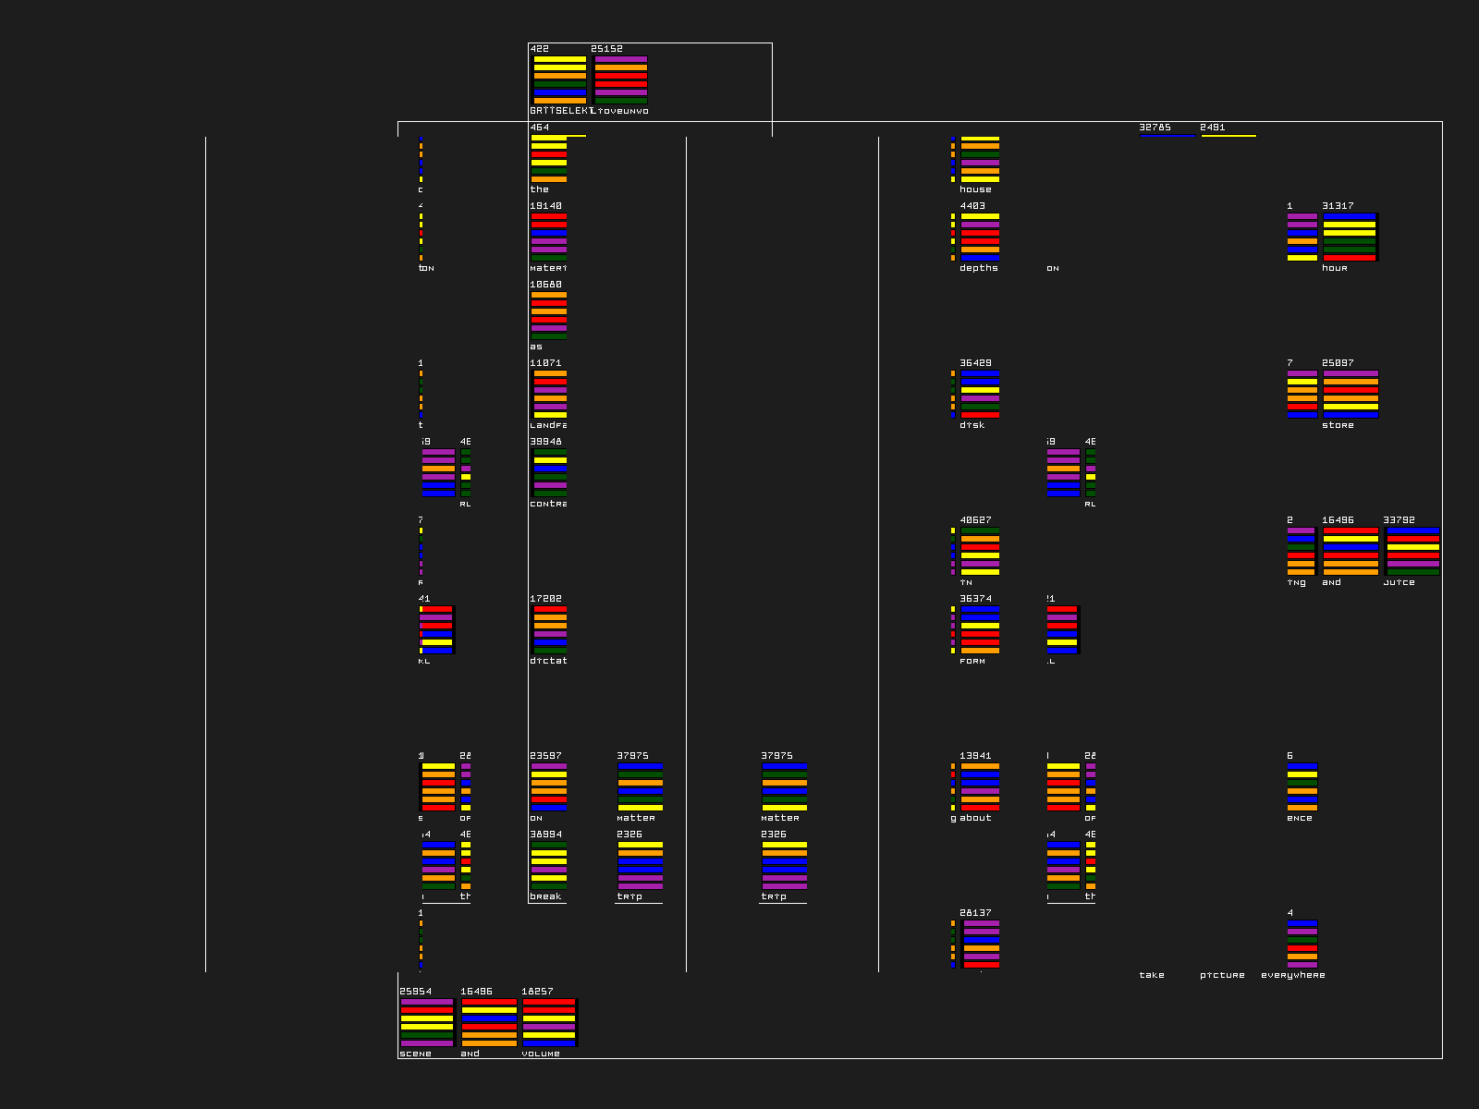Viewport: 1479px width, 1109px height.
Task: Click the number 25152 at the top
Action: (x=606, y=49)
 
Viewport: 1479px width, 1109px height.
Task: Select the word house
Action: (x=975, y=189)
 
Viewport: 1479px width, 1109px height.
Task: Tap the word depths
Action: (x=978, y=268)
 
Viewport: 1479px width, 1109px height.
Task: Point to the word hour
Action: (x=1334, y=268)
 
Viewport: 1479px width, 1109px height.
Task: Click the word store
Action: (x=1338, y=425)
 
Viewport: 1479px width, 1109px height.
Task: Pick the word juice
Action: (x=1399, y=582)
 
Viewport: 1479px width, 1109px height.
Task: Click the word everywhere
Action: (x=1292, y=975)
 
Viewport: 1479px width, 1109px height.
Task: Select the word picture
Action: (x=1222, y=975)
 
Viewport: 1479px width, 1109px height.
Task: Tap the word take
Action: (x=1152, y=975)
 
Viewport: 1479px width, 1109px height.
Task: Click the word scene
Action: (x=415, y=1054)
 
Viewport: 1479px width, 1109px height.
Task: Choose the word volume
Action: (x=541, y=1054)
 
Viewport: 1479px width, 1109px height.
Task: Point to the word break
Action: (x=545, y=896)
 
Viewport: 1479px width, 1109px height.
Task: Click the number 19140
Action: (x=545, y=206)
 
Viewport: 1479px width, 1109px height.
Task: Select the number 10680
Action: (x=545, y=285)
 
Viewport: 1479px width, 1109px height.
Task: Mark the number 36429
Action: (x=975, y=363)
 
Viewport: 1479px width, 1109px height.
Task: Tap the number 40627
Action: (x=975, y=520)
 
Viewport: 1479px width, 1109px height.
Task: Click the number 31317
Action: (x=1338, y=206)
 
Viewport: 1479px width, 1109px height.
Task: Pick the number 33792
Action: (x=1399, y=520)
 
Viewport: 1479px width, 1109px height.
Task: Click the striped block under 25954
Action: (x=427, y=1022)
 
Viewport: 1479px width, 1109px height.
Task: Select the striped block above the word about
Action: (x=980, y=786)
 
